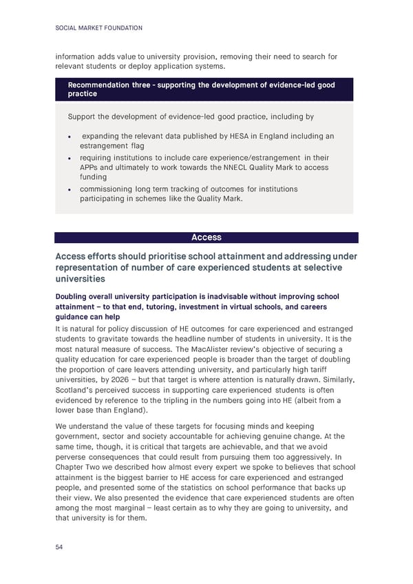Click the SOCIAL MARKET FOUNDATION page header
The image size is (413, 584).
98,28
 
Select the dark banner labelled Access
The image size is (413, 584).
206,238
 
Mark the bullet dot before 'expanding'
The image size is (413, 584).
72,137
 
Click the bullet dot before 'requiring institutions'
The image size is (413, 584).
72,158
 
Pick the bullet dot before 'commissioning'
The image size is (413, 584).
72,189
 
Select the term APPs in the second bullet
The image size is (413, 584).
92,167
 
